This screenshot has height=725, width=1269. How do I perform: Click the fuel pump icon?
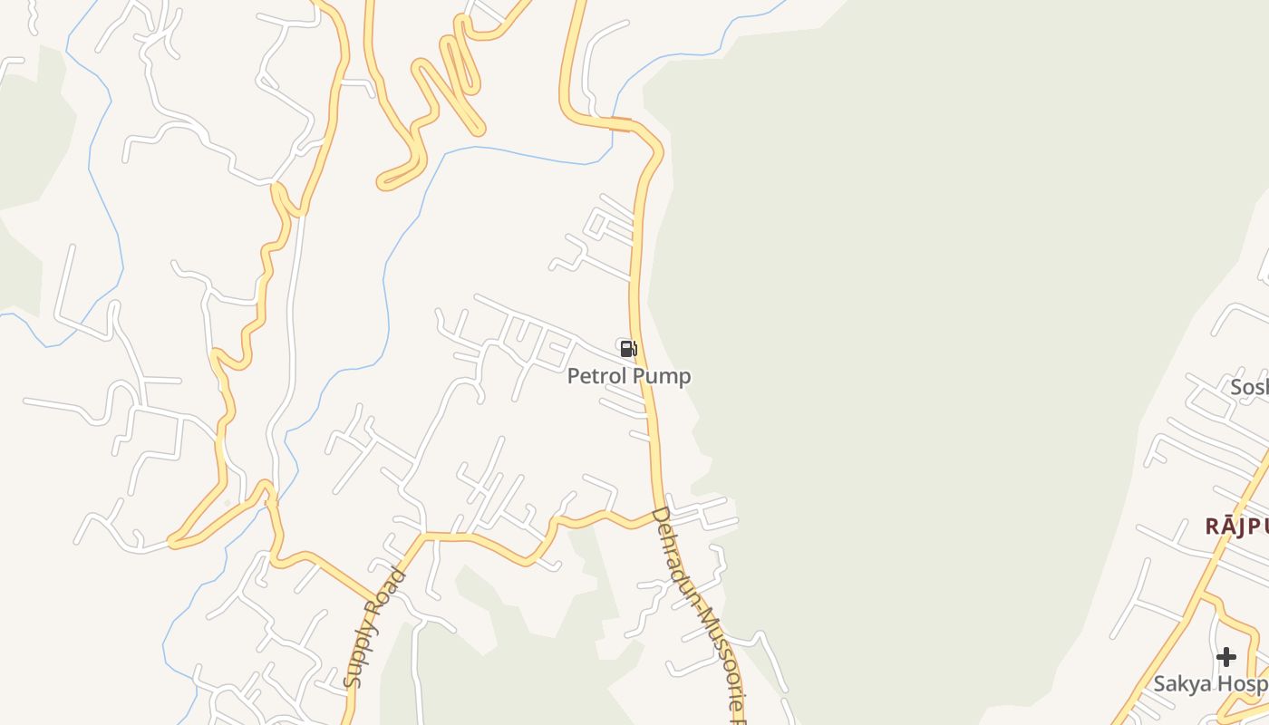628,349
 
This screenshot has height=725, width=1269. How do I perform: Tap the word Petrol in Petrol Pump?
597,376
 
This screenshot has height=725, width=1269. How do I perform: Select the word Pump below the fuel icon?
662,376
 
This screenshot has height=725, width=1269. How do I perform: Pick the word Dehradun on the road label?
673,553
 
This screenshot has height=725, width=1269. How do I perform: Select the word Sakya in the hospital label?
1181,684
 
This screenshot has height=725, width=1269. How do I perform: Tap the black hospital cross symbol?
1226,656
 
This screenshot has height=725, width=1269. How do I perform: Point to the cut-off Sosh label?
1249,388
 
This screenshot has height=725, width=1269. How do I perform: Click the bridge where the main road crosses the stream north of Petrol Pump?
621,124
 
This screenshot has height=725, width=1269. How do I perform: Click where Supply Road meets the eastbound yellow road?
422,536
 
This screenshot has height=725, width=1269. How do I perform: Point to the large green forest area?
906,317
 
